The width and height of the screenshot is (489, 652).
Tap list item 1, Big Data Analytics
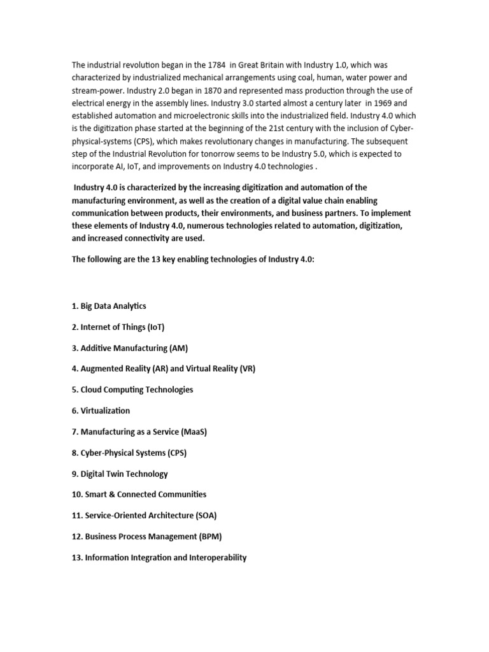pyautogui.click(x=109, y=306)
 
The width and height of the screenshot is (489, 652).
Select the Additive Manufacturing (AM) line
pyautogui.click(x=129, y=348)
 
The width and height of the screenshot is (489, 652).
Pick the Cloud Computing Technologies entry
pyautogui.click(x=132, y=390)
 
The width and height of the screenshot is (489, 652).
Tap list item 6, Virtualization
pyautogui.click(x=101, y=411)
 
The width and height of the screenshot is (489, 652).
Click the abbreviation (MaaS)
pyautogui.click(x=194, y=432)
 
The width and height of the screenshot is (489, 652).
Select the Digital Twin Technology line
pyautogui.click(x=120, y=474)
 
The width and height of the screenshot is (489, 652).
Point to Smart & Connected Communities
pyautogui.click(x=139, y=494)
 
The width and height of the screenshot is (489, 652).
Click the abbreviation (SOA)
pyautogui.click(x=211, y=515)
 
